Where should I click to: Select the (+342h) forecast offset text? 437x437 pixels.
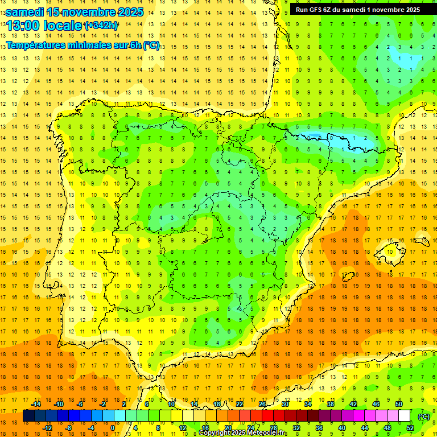click(101, 25)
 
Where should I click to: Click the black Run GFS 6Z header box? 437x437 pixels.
click(358, 10)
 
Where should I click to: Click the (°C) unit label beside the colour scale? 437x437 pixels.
click(424, 417)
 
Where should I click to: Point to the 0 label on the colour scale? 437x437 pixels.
click(112, 428)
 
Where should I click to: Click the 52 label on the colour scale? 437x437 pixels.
click(410, 428)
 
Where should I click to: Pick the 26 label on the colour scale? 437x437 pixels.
click(262, 404)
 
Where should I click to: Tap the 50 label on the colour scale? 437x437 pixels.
click(399, 404)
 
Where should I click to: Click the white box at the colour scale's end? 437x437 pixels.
click(404, 416)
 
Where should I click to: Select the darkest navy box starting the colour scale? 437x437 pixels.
click(28, 416)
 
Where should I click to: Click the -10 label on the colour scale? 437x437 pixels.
click(58, 404)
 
